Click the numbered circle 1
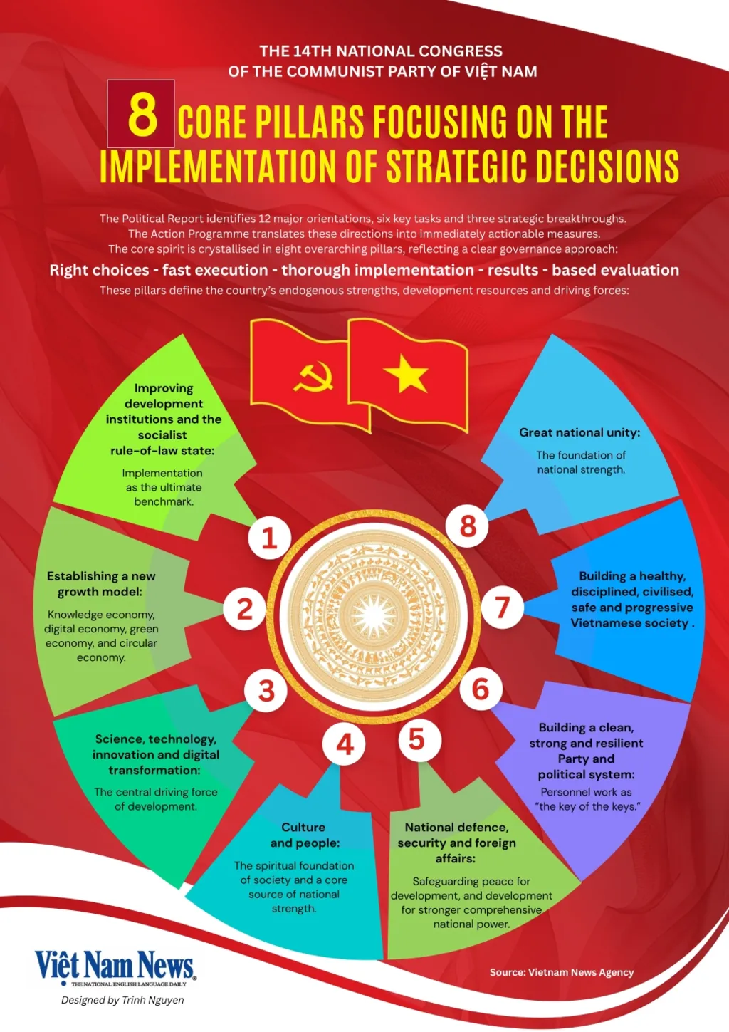[269, 538]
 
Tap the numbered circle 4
[345, 744]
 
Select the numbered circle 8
[468, 526]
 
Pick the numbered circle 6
[481, 689]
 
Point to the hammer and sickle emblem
[314, 377]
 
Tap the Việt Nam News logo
[115, 966]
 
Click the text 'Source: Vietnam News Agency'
[561, 972]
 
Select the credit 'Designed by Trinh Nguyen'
[122, 1000]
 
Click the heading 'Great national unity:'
[579, 432]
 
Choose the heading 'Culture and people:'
[304, 835]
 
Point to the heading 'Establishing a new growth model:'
[100, 583]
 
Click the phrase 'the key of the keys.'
[588, 806]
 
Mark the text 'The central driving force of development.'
[155, 798]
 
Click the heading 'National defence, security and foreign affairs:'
[456, 843]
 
